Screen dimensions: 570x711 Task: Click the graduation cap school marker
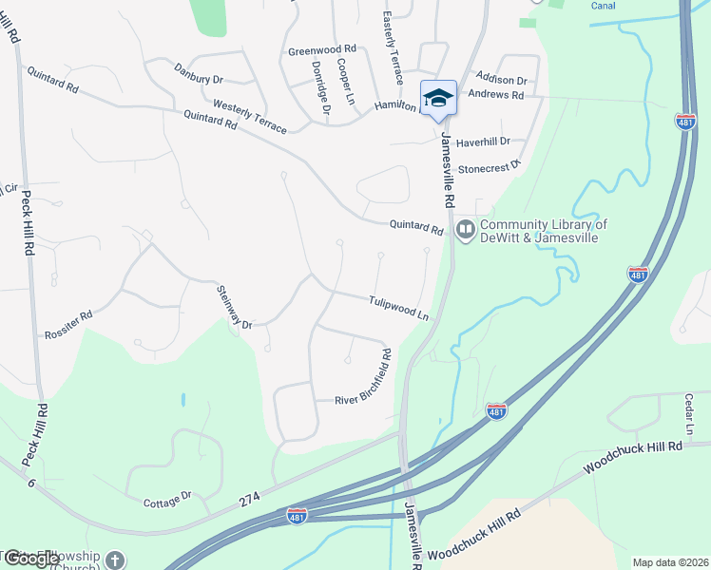click(438, 98)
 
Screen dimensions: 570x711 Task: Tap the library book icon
click(466, 228)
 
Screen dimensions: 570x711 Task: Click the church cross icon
click(115, 560)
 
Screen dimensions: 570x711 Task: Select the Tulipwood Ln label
click(398, 306)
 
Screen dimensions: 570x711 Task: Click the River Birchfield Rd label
click(362, 378)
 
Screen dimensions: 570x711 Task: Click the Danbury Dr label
click(199, 73)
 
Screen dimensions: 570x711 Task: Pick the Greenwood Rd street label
click(321, 48)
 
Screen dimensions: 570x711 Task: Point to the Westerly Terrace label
click(249, 116)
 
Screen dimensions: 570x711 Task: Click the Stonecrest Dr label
click(490, 167)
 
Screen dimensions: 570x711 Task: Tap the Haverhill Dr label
click(483, 142)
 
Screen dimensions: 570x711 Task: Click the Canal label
click(603, 6)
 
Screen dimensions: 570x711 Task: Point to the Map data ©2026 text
click(669, 562)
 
